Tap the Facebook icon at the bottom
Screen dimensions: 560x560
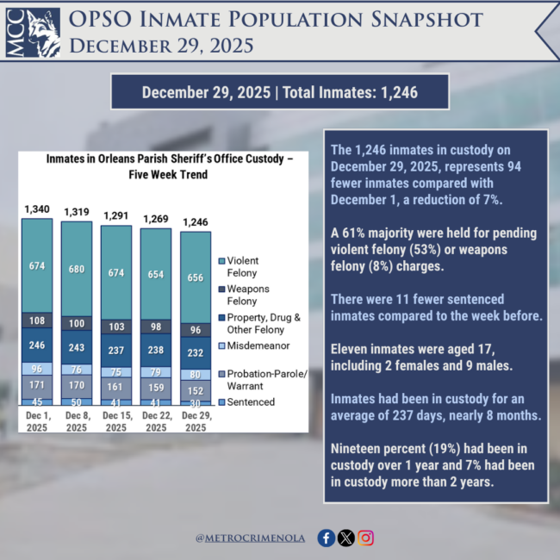pos(327,538)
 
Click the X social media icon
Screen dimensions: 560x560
pos(346,538)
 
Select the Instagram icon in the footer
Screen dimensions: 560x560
pos(366,538)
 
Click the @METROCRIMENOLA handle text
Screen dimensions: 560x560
pos(251,538)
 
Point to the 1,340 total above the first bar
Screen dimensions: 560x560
pos(37,208)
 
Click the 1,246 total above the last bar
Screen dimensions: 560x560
pos(196,221)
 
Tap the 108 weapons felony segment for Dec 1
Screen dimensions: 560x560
pos(37,320)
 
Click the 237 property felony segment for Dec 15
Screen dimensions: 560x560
pos(116,350)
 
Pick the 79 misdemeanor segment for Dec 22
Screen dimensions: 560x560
pos(156,372)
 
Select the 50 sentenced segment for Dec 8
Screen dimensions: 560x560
pos(77,401)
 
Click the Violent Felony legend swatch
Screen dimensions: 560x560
pos(223,260)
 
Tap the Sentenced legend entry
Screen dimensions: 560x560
pos(252,401)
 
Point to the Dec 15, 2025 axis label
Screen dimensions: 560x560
pos(116,422)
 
